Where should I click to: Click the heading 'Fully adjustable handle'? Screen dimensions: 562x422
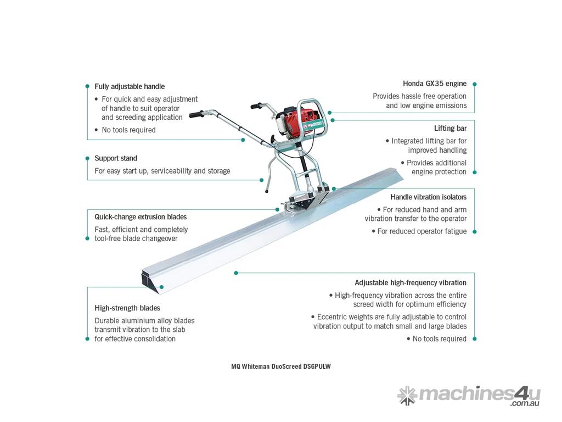pyautogui.click(x=130, y=86)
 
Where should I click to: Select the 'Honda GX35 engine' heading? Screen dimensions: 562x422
pyautogui.click(x=435, y=84)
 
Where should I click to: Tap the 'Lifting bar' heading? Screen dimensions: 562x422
pyautogui.click(x=450, y=128)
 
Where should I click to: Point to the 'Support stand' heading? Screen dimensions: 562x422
pyautogui.click(x=116, y=158)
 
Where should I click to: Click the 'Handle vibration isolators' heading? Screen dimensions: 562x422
pyautogui.click(x=428, y=197)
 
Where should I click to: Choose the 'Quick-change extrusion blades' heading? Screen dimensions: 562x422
pyautogui.click(x=140, y=216)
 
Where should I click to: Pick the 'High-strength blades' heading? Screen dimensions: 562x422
pyautogui.click(x=127, y=308)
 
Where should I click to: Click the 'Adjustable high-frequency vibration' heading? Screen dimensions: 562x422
pyautogui.click(x=411, y=283)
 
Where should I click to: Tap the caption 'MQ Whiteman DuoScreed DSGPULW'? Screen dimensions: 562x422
pyautogui.click(x=281, y=367)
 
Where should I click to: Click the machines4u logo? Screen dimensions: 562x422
pyautogui.click(x=469, y=396)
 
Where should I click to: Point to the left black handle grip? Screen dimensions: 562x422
pyautogui.click(x=196, y=114)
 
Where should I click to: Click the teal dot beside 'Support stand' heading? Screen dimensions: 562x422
pyautogui.click(x=87, y=158)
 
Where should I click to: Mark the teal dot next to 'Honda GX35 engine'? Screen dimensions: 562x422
pyautogui.click(x=475, y=84)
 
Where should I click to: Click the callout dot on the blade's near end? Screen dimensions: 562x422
pyautogui.click(x=162, y=287)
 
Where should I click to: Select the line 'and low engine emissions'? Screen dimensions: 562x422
pyautogui.click(x=426, y=105)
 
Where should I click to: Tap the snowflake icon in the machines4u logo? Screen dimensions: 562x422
pyautogui.click(x=407, y=396)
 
